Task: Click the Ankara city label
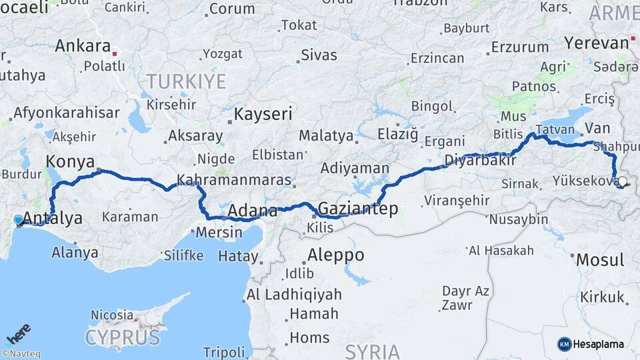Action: (82, 46)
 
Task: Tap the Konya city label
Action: (69, 161)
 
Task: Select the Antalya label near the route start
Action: (53, 218)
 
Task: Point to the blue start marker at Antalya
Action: (18, 219)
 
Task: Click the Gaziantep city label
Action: (358, 209)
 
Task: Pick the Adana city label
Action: (253, 211)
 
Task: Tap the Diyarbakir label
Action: (481, 160)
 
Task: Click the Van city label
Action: (597, 128)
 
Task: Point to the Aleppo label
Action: (335, 255)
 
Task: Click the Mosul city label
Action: (600, 259)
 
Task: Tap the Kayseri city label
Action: (263, 114)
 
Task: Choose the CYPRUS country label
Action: (123, 337)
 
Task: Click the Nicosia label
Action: (112, 314)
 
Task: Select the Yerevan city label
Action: (596, 43)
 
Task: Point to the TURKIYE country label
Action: (186, 82)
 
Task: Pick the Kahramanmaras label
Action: (234, 180)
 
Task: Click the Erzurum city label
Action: (520, 47)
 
